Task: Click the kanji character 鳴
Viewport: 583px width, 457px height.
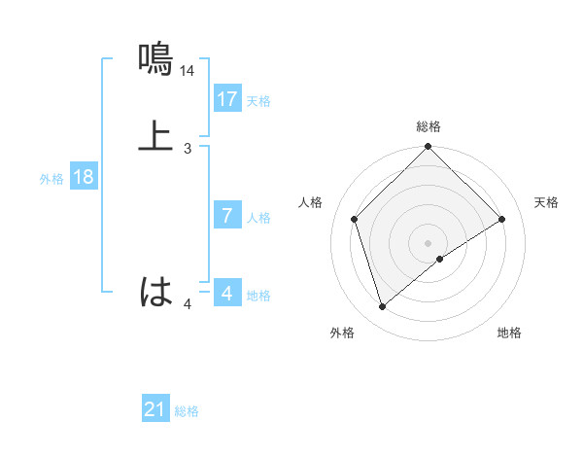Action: coord(156,59)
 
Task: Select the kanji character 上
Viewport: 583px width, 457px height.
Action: coord(156,136)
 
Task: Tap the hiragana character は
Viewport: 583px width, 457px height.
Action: coord(156,291)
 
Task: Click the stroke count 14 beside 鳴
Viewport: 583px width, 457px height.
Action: coord(188,71)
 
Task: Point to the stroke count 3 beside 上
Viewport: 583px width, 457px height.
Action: coord(188,149)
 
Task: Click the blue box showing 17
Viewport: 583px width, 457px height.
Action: coord(227,98)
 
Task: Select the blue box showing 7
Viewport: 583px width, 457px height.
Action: coord(227,216)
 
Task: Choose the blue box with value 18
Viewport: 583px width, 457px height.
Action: coord(84,177)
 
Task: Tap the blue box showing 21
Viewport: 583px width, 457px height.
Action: coord(155,409)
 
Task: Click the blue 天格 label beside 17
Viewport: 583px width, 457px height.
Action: coord(258,100)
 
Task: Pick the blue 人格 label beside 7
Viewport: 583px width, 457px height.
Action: coord(258,218)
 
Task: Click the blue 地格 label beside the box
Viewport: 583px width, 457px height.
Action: coord(258,296)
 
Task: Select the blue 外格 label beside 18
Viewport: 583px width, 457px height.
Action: coord(51,179)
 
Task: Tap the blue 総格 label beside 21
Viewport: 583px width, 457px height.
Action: coord(187,411)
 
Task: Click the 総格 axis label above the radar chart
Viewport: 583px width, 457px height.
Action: coord(429,126)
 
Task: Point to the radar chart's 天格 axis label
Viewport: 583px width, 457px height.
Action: coord(546,202)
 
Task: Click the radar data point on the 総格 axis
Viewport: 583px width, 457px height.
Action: coord(429,148)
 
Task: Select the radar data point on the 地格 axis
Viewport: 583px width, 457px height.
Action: coord(440,259)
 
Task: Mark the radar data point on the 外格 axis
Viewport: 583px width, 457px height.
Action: coord(383,307)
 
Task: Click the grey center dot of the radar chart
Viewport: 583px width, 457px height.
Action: coord(429,242)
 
